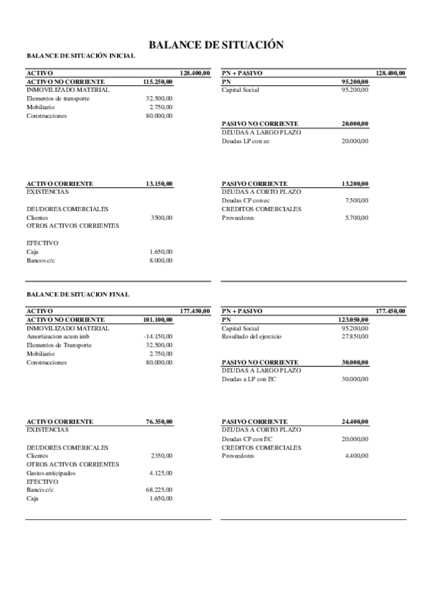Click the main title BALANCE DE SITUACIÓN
pos(215,45)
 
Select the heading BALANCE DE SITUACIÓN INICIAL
pos(80,55)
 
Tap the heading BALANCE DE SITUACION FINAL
pos(78,294)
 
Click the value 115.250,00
pos(158,82)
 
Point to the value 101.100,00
pos(158,320)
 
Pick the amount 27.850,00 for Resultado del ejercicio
pos(355,337)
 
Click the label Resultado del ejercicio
pos(251,337)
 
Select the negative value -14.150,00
pos(158,337)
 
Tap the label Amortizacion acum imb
pos(58,337)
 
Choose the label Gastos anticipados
pos(52,473)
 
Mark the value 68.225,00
pos(159,490)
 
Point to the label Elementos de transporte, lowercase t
pos(58,98)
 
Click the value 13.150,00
pos(159,184)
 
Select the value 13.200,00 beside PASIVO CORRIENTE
pos(355,184)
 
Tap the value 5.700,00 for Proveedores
pos(357,218)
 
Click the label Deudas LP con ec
pos(246,141)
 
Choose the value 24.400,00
pos(355,422)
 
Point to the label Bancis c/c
pos(41,490)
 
